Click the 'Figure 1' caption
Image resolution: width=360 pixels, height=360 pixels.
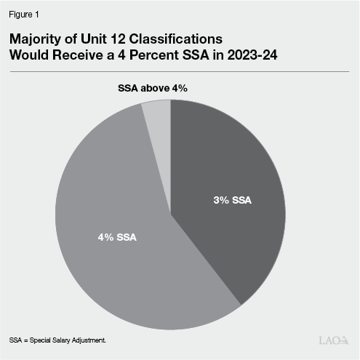click(x=24, y=12)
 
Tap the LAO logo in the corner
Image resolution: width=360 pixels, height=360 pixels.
click(x=334, y=340)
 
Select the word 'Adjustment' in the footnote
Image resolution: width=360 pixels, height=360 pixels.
click(x=90, y=340)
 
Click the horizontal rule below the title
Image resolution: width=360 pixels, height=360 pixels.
click(x=180, y=71)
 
